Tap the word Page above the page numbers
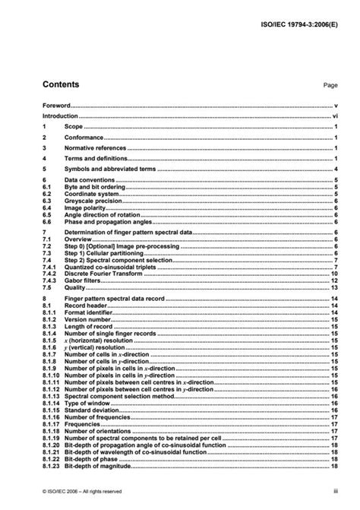[329, 87]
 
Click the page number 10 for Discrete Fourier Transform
[333, 273]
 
